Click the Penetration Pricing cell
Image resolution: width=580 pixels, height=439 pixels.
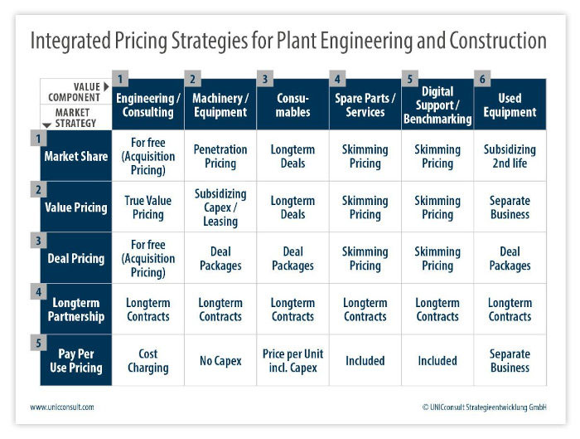[x=220, y=156]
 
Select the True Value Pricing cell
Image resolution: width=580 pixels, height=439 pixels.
[x=148, y=207]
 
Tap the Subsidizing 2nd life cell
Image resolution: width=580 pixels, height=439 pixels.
[x=510, y=156]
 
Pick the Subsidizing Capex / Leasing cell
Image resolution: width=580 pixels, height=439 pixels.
[x=220, y=207]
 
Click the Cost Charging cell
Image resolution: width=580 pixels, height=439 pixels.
[x=148, y=360]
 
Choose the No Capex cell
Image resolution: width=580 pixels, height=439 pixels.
[x=220, y=360]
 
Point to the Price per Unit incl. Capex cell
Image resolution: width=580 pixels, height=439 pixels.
[x=293, y=360]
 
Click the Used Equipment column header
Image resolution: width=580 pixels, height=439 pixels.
[x=510, y=105]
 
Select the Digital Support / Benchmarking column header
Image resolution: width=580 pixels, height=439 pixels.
[x=437, y=105]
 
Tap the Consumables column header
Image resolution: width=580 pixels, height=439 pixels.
[x=293, y=105]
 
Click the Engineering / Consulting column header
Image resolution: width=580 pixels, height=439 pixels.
[x=148, y=105]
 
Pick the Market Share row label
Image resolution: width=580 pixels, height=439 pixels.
[x=76, y=156]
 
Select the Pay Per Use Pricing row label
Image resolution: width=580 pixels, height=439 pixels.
[x=76, y=360]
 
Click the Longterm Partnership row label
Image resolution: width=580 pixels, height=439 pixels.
[x=76, y=310]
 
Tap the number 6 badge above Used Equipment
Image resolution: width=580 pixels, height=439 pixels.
[x=482, y=79]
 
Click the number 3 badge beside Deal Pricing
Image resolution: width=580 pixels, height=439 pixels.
[x=38, y=241]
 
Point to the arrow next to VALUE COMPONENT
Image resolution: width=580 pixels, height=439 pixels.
[x=106, y=86]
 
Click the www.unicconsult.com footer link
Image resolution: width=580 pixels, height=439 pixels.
[x=62, y=407]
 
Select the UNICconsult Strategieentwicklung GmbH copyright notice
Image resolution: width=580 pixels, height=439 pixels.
[x=484, y=407]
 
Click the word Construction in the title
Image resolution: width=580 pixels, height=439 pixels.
[x=498, y=41]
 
